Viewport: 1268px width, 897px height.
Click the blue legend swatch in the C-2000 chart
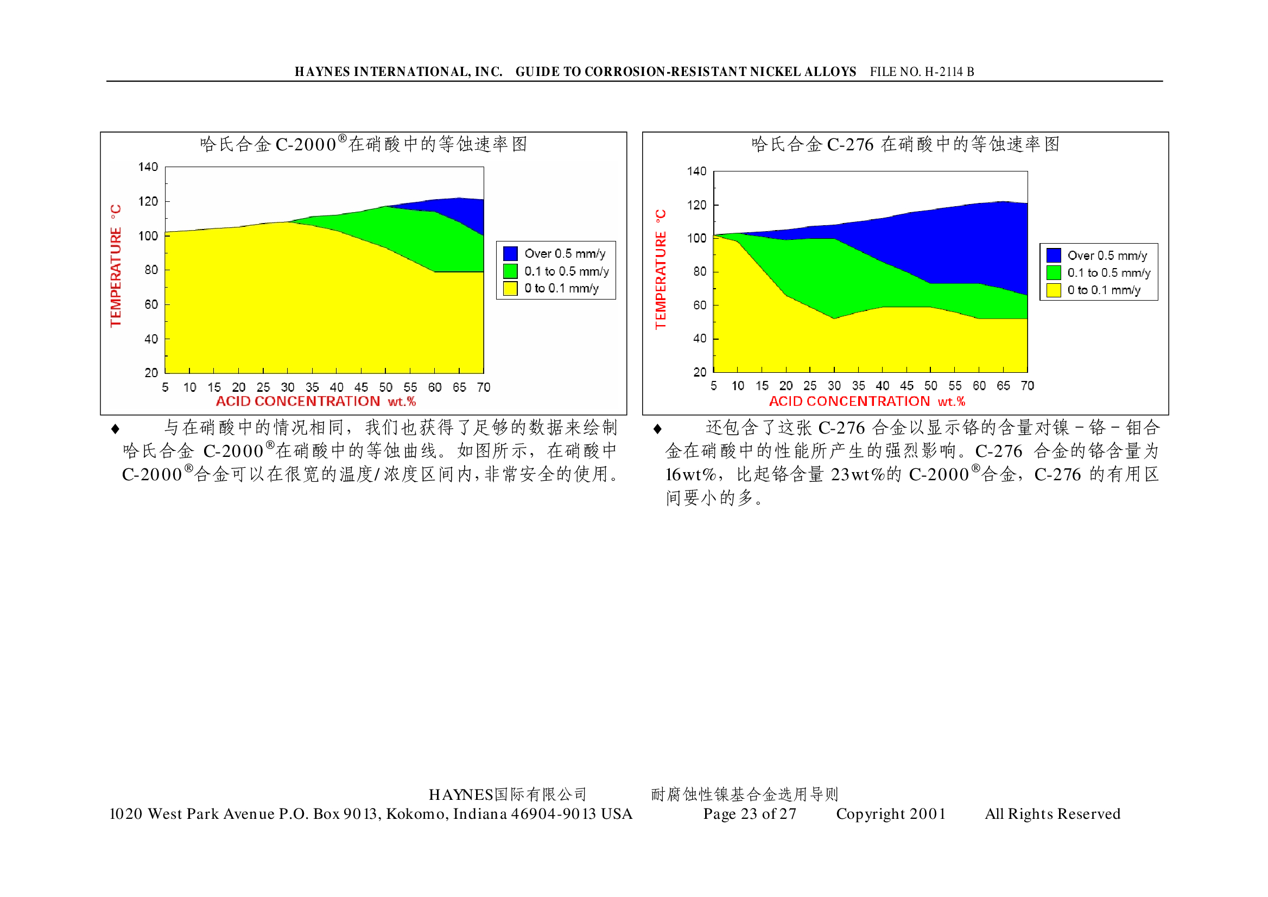pyautogui.click(x=510, y=253)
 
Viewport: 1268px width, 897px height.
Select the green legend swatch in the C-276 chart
pyautogui.click(x=1053, y=273)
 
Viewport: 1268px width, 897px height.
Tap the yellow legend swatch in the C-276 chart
pyautogui.click(x=1053, y=290)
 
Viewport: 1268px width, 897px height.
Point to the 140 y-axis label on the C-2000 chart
pyautogui.click(x=148, y=167)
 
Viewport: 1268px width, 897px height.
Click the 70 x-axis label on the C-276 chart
pyautogui.click(x=1027, y=385)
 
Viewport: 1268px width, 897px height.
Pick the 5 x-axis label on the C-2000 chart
pyautogui.click(x=165, y=387)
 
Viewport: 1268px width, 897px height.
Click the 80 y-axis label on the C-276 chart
pyautogui.click(x=700, y=272)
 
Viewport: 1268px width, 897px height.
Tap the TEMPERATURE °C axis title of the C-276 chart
pyautogui.click(x=661, y=270)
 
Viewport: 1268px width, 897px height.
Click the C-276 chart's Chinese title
pyautogui.click(x=905, y=145)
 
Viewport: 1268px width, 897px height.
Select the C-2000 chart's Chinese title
pyautogui.click(x=363, y=144)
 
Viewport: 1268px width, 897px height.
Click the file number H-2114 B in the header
pyautogui.click(x=922, y=72)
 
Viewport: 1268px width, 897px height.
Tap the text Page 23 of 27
pyautogui.click(x=749, y=813)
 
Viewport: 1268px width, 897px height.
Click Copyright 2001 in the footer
pyautogui.click(x=891, y=813)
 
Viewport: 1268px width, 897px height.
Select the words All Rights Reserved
pyautogui.click(x=1052, y=813)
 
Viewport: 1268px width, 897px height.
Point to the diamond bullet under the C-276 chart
pyautogui.click(x=657, y=429)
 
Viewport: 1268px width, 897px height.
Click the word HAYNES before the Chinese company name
pyautogui.click(x=461, y=795)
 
